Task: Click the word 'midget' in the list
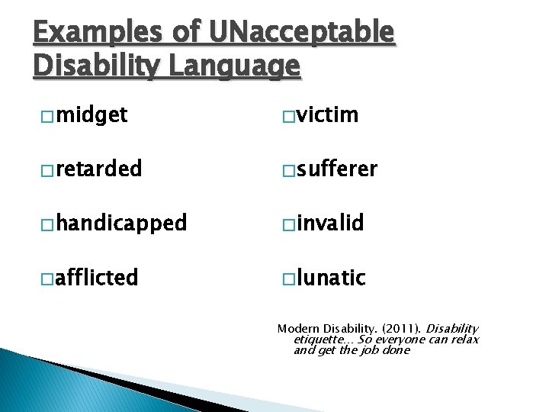click(x=91, y=116)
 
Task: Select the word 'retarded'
click(x=98, y=169)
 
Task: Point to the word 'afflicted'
click(x=97, y=278)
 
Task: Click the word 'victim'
click(x=328, y=116)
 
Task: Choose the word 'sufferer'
click(x=337, y=169)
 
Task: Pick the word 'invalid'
click(x=331, y=224)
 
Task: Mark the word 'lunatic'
click(x=332, y=278)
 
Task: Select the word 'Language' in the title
click(x=233, y=66)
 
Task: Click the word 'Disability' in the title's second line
click(x=96, y=66)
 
